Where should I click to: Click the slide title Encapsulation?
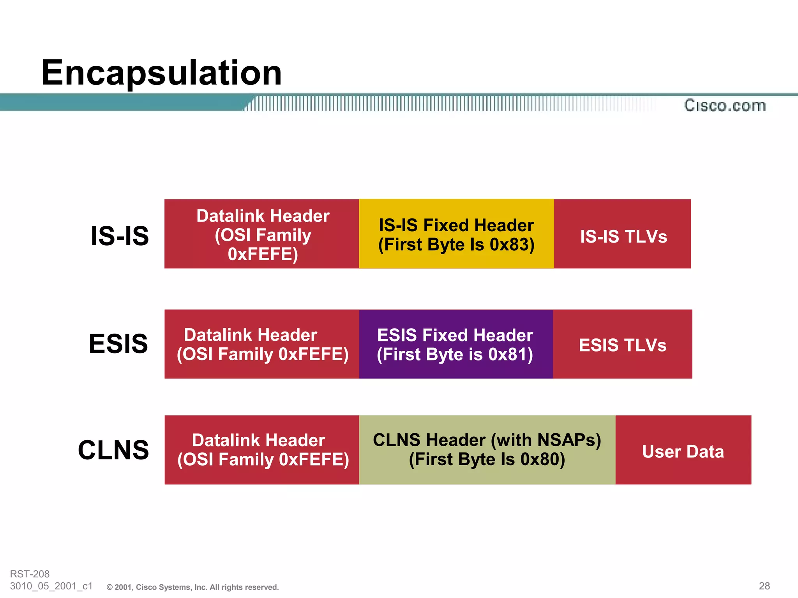[161, 73]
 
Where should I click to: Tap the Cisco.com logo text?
[725, 106]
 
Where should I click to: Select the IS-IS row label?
[120, 236]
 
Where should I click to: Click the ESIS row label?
[118, 344]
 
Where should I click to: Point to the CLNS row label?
[113, 450]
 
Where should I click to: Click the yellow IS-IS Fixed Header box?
[456, 234]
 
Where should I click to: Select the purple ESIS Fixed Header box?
[456, 344]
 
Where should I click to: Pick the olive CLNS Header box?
[487, 450]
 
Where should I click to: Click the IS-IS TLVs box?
[623, 236]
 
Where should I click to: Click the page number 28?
[764, 586]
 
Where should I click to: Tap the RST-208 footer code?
[30, 574]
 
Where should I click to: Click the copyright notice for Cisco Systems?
[193, 587]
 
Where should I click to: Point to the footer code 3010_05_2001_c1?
[51, 586]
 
